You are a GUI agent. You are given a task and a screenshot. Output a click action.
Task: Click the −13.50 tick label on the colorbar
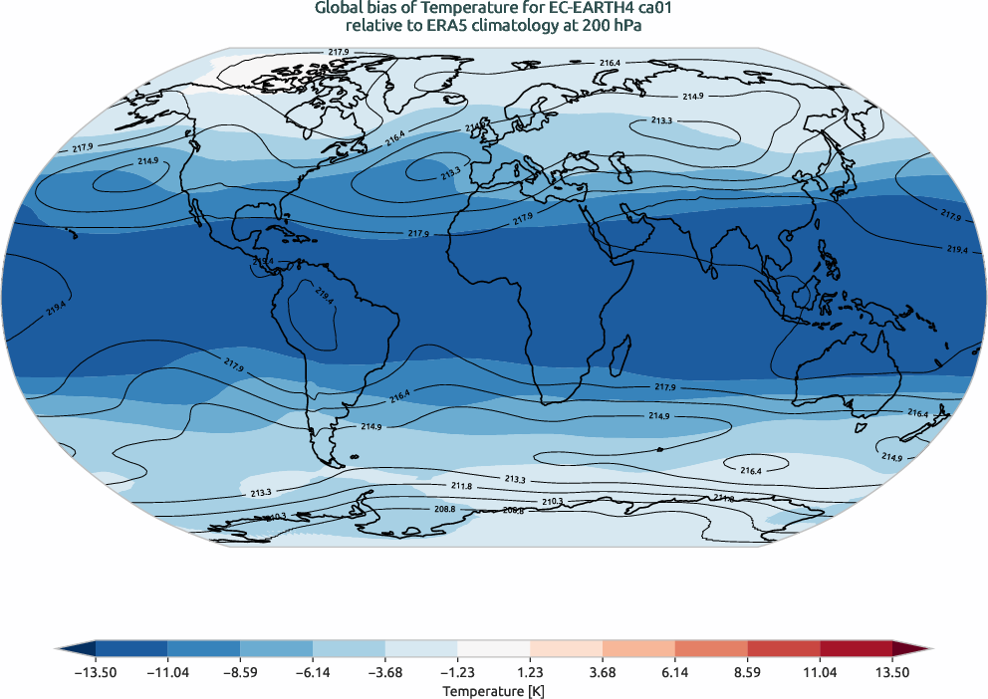(96, 673)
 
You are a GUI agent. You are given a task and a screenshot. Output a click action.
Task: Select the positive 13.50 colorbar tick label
(892, 673)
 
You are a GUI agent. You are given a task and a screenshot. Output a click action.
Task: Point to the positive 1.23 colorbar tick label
(530, 673)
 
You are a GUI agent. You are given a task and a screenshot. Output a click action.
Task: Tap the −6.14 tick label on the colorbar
(313, 673)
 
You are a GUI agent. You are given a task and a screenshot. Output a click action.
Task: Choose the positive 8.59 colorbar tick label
(747, 673)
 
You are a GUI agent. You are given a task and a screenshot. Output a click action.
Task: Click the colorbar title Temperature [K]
(494, 690)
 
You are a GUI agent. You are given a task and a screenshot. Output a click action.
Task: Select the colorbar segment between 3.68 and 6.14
(638, 648)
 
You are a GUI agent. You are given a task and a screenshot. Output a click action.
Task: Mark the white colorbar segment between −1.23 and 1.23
(494, 648)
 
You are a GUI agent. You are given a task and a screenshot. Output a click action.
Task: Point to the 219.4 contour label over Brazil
(324, 296)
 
